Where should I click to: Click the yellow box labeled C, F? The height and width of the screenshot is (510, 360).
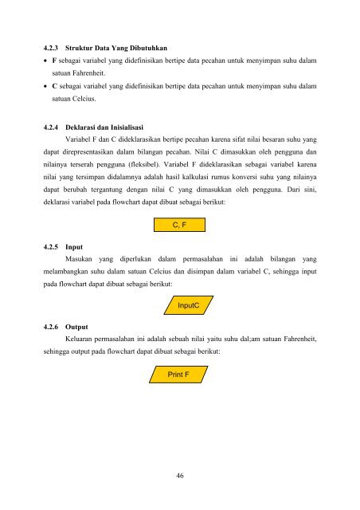coord(179,226)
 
